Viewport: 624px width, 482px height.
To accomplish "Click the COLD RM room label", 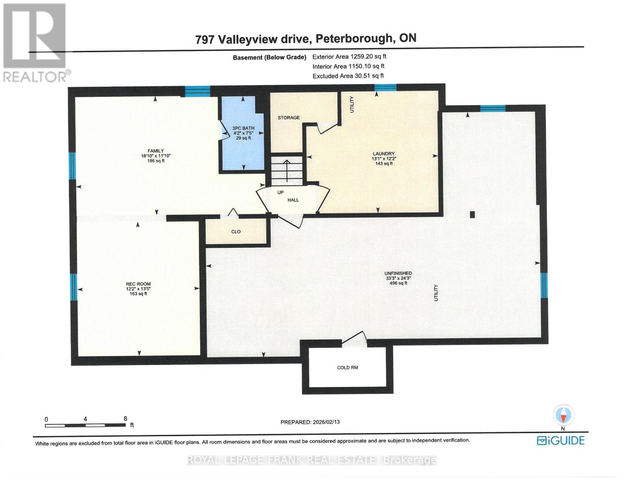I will [x=348, y=368].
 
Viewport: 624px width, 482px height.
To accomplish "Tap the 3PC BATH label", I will [x=243, y=128].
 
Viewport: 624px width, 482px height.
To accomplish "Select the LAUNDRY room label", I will [x=383, y=153].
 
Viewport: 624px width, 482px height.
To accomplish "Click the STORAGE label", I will [x=288, y=118].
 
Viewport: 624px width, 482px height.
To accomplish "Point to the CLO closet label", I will [x=236, y=232].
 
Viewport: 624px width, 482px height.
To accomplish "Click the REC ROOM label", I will [x=138, y=284].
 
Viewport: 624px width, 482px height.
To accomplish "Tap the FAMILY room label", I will [x=156, y=151].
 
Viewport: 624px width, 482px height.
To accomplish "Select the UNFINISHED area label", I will [x=398, y=273].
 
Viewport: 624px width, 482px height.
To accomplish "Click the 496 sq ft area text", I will [x=398, y=283].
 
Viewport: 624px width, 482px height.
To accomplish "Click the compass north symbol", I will [x=563, y=415].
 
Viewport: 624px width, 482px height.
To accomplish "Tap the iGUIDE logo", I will [x=561, y=441].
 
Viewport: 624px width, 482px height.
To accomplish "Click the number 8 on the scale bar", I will [x=125, y=419].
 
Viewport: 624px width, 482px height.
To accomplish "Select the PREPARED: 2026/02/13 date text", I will [x=310, y=422].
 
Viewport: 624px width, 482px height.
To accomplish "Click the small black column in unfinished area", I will [x=472, y=214].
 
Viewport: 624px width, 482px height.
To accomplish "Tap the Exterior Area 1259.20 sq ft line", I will [x=349, y=57].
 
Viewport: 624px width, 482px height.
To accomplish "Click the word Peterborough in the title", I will [x=354, y=39].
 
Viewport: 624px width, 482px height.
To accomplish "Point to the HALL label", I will [x=293, y=200].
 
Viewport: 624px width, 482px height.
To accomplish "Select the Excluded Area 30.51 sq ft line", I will [x=348, y=76].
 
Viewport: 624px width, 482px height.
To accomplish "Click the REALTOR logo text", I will [x=35, y=77].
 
